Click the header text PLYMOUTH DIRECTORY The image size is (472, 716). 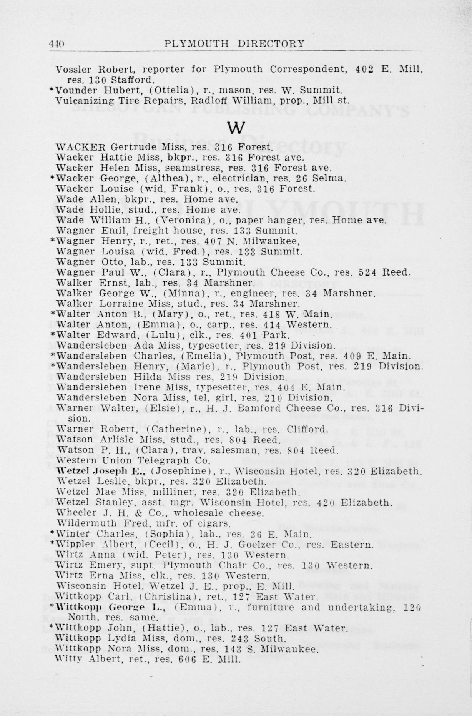pos(234,43)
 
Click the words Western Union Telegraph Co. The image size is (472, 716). pos(133,460)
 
